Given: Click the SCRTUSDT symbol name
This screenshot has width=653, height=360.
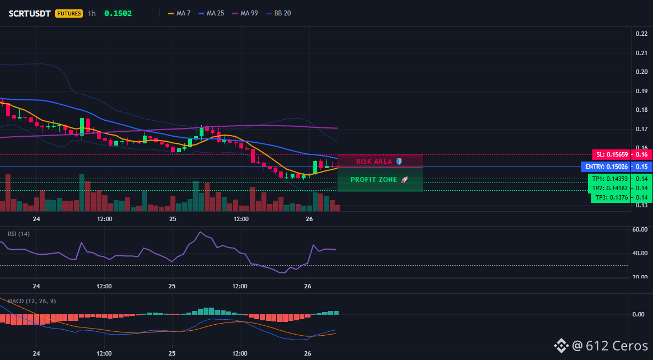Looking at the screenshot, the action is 30,13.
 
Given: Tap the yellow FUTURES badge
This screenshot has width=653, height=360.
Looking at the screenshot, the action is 69,13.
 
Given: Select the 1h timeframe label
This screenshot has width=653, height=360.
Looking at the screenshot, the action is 92,13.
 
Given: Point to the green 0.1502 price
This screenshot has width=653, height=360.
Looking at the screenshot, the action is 118,13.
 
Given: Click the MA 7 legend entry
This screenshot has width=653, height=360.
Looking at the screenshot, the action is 179,13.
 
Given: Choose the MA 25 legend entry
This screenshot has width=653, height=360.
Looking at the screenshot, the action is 211,13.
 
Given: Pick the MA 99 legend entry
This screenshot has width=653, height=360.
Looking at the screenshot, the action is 245,13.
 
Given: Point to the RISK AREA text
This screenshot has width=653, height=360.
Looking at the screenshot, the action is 374,161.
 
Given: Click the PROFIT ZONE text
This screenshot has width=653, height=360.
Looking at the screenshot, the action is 374,180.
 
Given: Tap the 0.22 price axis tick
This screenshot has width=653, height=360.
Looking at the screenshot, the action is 641,34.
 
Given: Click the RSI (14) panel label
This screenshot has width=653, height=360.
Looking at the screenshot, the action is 19,234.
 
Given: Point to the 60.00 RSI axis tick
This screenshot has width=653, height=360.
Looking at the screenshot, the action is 640,229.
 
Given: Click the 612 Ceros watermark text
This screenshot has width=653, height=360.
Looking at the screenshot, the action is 617,346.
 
